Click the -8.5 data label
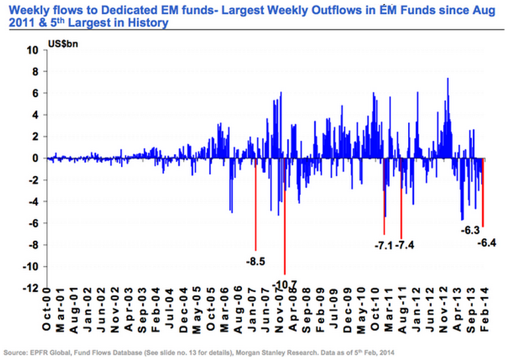[255, 262]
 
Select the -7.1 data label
[384, 245]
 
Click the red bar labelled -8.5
[255, 205]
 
